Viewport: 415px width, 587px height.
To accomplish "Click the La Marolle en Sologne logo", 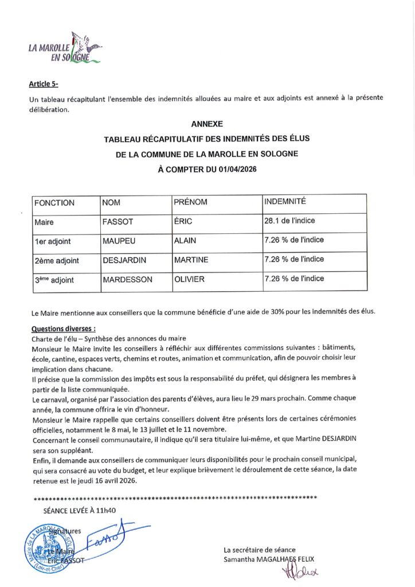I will tap(65, 48).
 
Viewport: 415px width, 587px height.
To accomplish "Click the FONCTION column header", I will tap(54, 203).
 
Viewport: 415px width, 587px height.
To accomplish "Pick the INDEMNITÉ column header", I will tap(285, 202).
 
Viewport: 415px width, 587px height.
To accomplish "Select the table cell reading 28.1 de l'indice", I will tap(289, 221).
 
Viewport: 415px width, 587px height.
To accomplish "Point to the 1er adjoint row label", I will tap(53, 241).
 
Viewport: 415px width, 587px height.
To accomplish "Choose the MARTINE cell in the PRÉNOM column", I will tap(191, 260).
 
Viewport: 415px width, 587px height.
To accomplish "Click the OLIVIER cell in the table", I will tap(189, 279).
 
